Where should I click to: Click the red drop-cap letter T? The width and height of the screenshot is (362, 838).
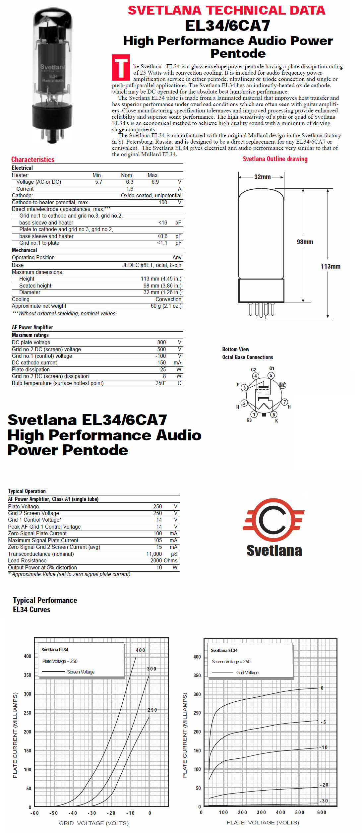(x=121, y=68)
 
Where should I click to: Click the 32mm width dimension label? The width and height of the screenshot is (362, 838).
(x=262, y=177)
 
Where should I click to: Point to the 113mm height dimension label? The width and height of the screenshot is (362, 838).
(x=330, y=267)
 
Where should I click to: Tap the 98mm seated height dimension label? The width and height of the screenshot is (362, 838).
(x=305, y=242)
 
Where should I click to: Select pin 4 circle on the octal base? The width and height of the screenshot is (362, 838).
(x=255, y=376)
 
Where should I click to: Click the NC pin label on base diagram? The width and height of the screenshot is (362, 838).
(x=282, y=385)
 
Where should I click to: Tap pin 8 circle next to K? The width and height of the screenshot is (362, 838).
(x=273, y=415)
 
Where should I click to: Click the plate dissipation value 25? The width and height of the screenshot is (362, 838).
(x=163, y=369)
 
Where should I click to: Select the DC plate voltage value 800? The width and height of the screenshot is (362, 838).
(x=161, y=342)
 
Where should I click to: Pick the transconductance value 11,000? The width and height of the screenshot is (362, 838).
(x=154, y=554)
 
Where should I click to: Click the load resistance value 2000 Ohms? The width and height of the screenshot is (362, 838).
(x=164, y=561)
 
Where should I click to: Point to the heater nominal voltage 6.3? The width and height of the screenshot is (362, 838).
(x=130, y=182)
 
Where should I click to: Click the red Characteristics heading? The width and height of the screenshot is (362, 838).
(x=33, y=160)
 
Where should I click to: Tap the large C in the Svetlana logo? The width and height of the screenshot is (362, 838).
(x=272, y=520)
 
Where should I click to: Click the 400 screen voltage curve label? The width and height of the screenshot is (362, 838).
(x=141, y=650)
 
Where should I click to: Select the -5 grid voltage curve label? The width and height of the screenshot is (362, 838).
(x=324, y=722)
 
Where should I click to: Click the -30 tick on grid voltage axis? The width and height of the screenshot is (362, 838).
(x=92, y=813)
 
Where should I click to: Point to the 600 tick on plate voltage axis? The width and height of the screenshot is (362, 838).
(x=322, y=812)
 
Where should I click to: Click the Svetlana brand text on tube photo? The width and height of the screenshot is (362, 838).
(x=52, y=67)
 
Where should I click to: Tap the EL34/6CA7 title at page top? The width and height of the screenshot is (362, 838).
(x=227, y=26)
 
